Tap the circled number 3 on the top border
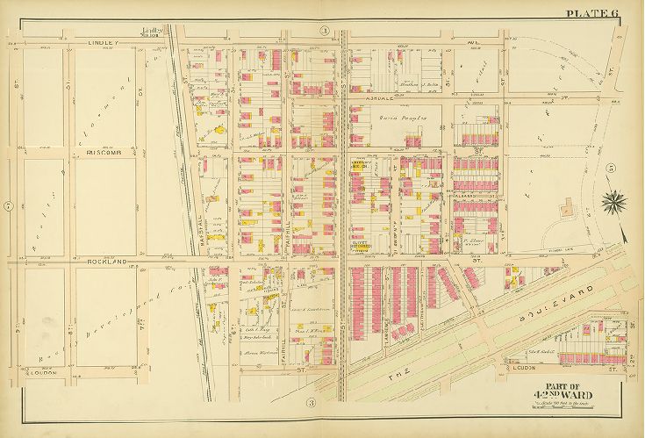324,32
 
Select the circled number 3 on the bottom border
311,402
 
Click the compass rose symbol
613,204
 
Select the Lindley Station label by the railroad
156,33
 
